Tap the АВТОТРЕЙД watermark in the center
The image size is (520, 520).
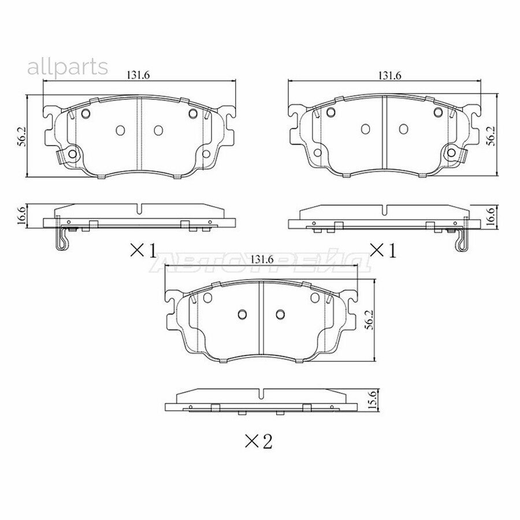coord(260,264)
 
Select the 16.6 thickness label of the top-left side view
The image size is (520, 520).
coord(21,215)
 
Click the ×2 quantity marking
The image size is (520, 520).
coord(258,442)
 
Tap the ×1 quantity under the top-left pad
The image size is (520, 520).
coord(143,250)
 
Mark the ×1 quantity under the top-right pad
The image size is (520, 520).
coord(383,250)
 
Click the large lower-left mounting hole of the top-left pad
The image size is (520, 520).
coord(71,155)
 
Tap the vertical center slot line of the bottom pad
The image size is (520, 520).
coord(260,323)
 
